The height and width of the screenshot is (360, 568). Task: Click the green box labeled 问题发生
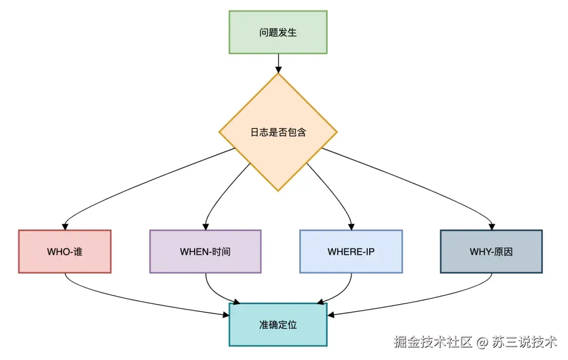click(278, 32)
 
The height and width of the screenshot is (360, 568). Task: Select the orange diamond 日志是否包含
click(278, 132)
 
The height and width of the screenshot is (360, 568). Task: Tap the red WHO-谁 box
click(65, 252)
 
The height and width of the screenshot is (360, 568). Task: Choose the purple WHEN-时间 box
click(205, 252)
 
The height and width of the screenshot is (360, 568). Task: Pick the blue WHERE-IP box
click(351, 252)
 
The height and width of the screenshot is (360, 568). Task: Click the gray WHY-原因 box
click(491, 252)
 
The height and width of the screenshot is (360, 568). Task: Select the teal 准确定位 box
click(278, 324)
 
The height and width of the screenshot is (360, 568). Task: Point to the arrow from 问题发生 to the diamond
click(278, 63)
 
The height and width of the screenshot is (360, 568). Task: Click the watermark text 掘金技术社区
click(434, 342)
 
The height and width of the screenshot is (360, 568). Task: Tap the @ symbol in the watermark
click(483, 343)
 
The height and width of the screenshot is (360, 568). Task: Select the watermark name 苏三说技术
click(524, 342)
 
